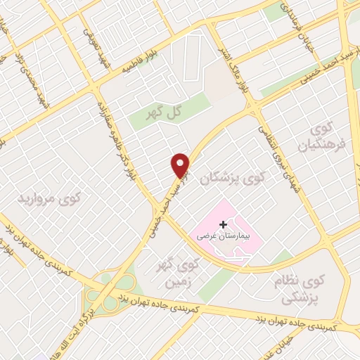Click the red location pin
(181, 165)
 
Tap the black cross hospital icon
(224, 224)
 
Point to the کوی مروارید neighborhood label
(49, 199)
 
